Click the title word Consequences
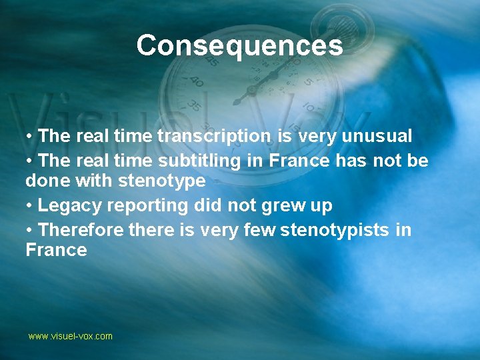239,45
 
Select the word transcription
214,137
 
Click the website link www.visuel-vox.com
70,336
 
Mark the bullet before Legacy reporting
31,206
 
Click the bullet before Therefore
31,230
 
